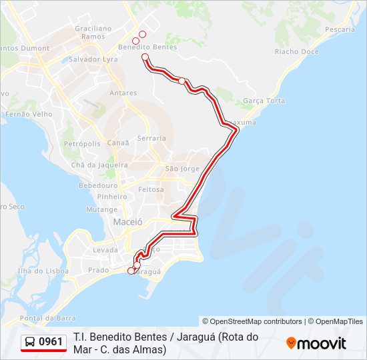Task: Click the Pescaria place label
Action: (340, 30)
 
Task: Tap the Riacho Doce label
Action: (297, 51)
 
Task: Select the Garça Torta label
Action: (264, 101)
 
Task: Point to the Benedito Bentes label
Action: (147, 47)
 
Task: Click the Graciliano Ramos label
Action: (93, 33)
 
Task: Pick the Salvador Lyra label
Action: (90, 59)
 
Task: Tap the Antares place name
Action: (123, 93)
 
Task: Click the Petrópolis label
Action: (82, 143)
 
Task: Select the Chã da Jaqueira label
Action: (99, 165)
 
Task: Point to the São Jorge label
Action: (182, 169)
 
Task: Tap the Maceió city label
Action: (127, 221)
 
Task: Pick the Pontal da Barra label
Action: (47, 318)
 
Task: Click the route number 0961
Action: (51, 342)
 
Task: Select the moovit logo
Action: (316, 343)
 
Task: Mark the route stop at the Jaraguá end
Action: (131, 271)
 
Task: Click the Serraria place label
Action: (151, 138)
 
